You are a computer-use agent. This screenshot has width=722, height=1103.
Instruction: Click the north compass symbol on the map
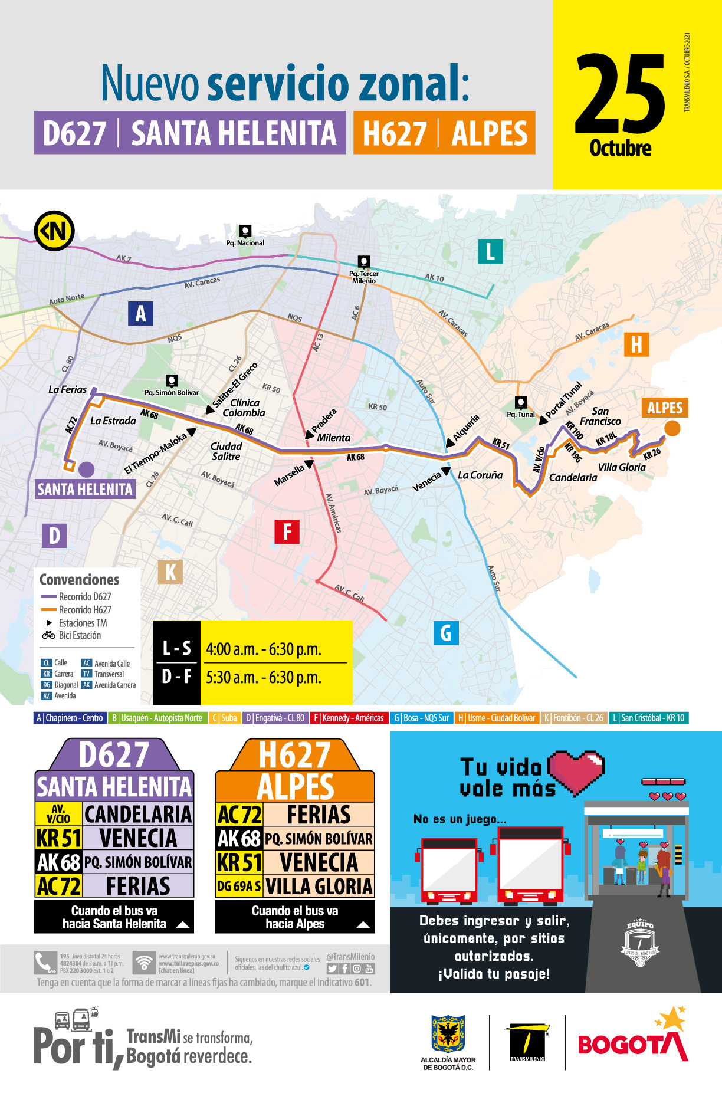tap(54, 231)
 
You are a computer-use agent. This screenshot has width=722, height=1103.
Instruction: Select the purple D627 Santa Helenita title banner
tap(189, 133)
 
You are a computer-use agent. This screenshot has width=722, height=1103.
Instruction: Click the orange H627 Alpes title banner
tap(444, 133)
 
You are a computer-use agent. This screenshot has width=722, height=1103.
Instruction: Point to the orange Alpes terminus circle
tap(672, 428)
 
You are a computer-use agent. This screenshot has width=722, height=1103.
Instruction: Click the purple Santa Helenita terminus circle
tap(86, 470)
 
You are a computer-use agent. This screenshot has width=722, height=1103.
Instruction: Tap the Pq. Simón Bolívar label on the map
tap(172, 392)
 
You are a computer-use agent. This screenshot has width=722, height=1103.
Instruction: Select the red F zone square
tap(287, 531)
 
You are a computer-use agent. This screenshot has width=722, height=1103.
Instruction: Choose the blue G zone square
tap(446, 633)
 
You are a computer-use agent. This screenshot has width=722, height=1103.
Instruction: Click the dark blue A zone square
tap(140, 313)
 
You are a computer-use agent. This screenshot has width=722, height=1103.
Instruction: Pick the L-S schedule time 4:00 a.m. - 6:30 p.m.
tap(264, 649)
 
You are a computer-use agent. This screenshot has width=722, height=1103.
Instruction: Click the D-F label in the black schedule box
tap(177, 677)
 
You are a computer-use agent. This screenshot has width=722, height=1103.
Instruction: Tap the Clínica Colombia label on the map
tap(244, 408)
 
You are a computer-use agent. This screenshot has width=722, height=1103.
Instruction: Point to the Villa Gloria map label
tap(622, 467)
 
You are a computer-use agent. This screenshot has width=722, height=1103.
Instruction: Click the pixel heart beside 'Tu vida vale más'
tap(576, 770)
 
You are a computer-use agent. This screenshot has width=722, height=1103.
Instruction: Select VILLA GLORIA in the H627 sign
tap(319, 887)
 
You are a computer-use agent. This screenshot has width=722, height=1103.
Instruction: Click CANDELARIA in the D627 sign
tap(138, 815)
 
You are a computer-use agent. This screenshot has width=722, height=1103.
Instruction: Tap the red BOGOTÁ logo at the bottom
tap(632, 1044)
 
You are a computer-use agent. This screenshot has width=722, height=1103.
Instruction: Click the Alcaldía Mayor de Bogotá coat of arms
tap(448, 1033)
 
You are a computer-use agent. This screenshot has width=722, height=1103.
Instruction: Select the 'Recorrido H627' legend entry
tap(84, 610)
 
